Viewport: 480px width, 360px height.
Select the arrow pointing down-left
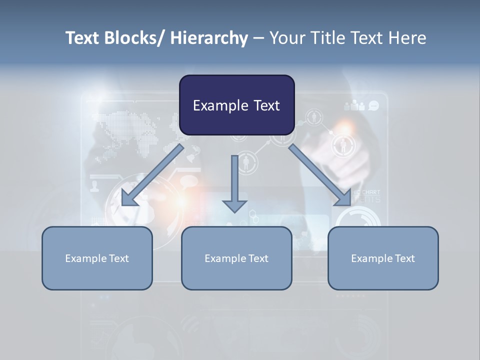tap(152, 175)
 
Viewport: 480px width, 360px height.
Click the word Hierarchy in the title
tap(209, 38)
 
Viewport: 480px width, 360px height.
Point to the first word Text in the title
tap(83, 38)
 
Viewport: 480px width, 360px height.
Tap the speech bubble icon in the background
tap(373, 105)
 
